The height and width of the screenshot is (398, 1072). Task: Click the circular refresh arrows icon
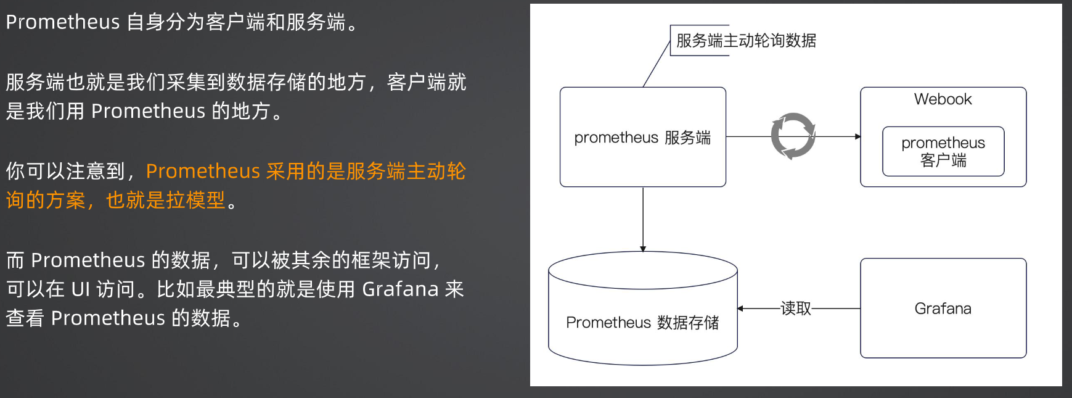[793, 136]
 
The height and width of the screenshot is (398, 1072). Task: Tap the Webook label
[943, 99]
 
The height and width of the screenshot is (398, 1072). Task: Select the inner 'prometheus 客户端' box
[943, 152]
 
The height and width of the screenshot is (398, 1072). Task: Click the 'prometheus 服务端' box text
[642, 138]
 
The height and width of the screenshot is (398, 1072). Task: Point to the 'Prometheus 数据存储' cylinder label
[642, 323]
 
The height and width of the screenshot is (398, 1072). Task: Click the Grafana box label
[943, 309]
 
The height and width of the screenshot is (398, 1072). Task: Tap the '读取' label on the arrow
[796, 308]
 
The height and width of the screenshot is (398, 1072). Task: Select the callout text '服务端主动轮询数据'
[746, 41]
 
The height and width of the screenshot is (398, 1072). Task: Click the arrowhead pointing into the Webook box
[857, 136]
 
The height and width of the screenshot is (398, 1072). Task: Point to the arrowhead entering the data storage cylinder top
[643, 249]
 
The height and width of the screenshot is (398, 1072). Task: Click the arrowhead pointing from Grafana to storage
[740, 309]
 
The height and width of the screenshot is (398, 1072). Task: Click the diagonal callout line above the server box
[657, 64]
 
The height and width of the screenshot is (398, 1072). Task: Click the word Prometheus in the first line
[62, 22]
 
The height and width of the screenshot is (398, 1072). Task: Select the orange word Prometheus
[203, 171]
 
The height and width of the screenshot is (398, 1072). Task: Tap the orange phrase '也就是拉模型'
[166, 200]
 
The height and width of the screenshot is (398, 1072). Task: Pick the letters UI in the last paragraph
[81, 289]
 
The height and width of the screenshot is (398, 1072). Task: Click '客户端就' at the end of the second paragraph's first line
[427, 82]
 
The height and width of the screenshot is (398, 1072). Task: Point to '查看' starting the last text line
[25, 318]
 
